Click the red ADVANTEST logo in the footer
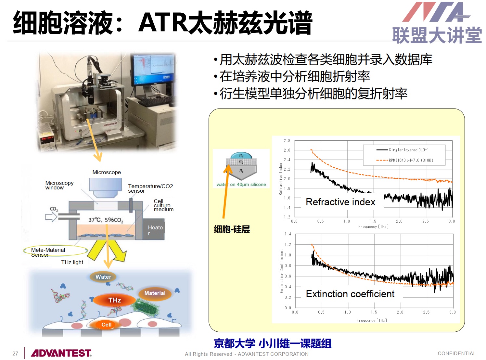point(61,353)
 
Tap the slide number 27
point(15,354)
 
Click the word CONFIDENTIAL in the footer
point(457,354)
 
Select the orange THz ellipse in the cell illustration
point(114,300)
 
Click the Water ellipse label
point(103,277)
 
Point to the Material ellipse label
point(155,293)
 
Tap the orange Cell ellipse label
point(107,325)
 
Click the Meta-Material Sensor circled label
point(56,251)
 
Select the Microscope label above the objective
point(107,172)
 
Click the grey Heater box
point(154,229)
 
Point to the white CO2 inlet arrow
point(51,217)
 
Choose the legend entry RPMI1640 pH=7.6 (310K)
point(404,160)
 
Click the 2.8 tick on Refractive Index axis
point(287,141)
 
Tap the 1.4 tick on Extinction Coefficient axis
point(288,234)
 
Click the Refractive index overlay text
point(340,202)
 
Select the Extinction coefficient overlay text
point(350,294)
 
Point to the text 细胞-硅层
point(232,229)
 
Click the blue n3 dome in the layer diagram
point(241,155)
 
